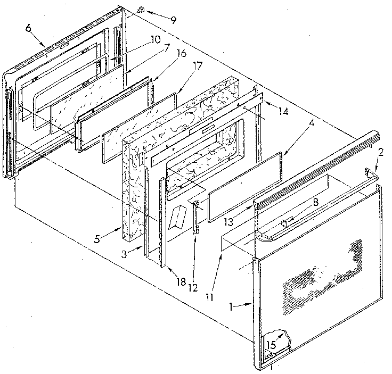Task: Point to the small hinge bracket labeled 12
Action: [196, 218]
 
